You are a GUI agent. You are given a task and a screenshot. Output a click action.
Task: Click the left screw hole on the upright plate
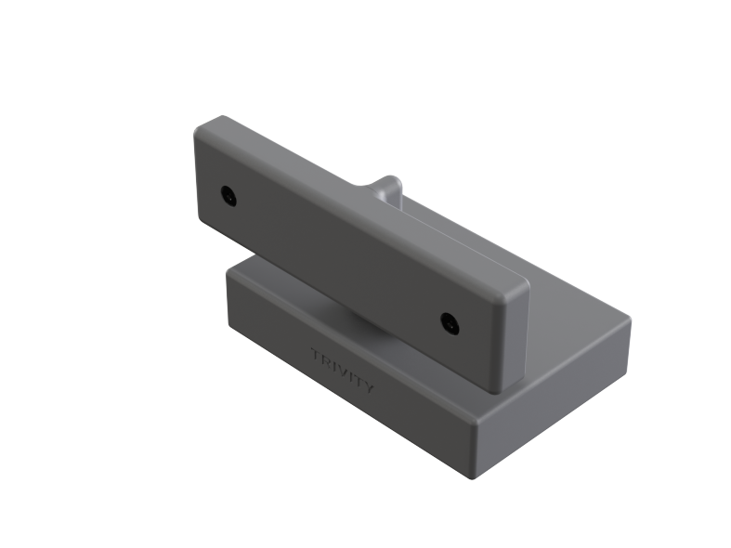[x=228, y=196]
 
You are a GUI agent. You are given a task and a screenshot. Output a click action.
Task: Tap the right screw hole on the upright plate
[x=450, y=323]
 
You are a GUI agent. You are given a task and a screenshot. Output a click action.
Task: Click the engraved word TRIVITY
[x=343, y=372]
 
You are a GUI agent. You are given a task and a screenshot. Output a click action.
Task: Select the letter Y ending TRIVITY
[x=368, y=386]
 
